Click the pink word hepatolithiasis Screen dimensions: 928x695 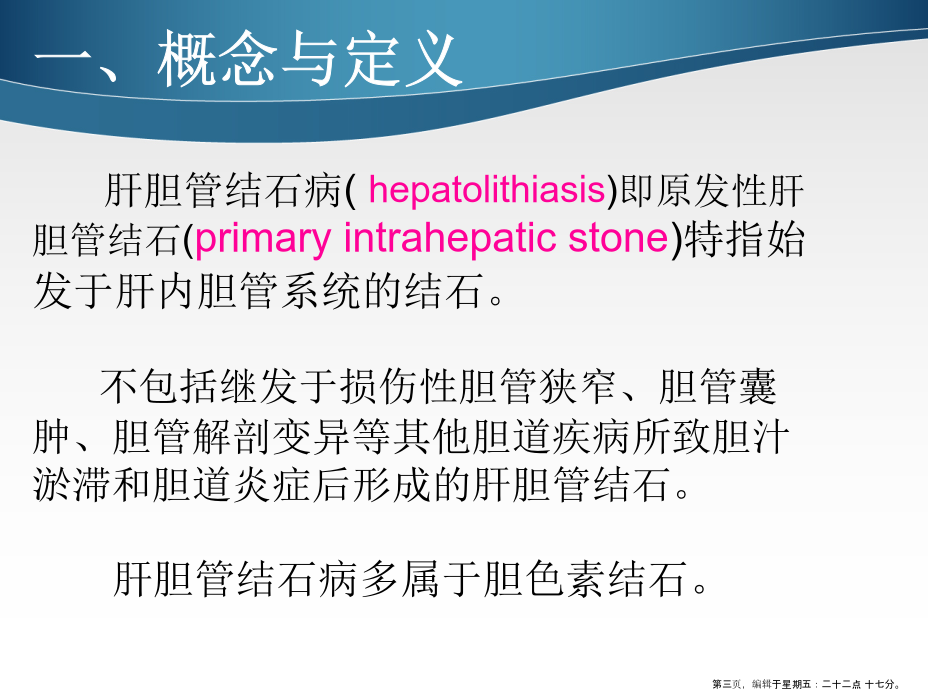click(486, 190)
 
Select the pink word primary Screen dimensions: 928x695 click(262, 240)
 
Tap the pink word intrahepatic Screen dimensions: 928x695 click(451, 238)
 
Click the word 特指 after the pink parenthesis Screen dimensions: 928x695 click(724, 239)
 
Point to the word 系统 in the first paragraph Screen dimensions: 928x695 click(320, 290)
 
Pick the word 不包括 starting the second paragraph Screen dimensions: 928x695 click(158, 387)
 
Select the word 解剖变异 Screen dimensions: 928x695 click(271, 437)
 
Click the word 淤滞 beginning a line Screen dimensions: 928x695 click(72, 484)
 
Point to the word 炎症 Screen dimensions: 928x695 click(272, 484)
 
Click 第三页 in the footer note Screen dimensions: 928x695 click(726, 684)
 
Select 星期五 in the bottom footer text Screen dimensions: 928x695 click(796, 684)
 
